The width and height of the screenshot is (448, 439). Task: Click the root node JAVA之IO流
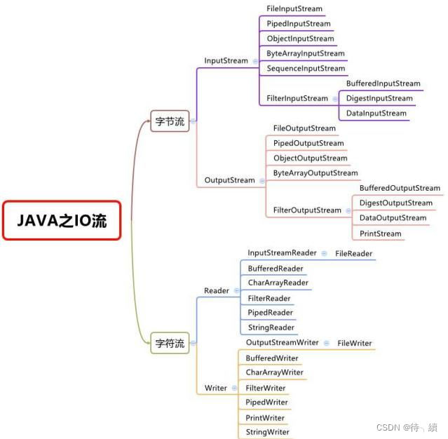tap(62, 220)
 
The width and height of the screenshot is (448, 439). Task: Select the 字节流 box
tap(170, 121)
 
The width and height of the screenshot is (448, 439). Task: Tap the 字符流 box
tap(170, 344)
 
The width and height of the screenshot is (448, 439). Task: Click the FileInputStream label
tap(294, 9)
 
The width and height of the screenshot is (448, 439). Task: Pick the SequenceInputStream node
tap(306, 69)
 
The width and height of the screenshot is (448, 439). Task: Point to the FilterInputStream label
tap(297, 99)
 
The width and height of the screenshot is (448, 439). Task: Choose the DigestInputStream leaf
tap(379, 98)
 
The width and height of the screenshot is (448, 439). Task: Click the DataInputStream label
tap(376, 113)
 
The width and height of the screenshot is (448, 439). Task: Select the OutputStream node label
tap(229, 180)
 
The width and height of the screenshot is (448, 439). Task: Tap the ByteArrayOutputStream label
tap(315, 173)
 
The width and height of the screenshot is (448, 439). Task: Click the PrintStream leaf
tap(380, 234)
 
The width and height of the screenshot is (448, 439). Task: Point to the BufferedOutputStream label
tap(400, 188)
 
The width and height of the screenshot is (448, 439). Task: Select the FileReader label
tap(353, 253)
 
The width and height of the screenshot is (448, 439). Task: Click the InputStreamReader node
tap(282, 252)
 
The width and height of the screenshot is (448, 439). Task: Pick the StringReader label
tap(271, 327)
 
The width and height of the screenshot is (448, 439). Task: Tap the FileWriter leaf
tap(354, 343)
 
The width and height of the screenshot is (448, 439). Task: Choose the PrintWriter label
tap(265, 418)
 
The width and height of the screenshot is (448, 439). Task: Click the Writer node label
tap(215, 388)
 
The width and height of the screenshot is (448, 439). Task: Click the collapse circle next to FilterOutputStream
tap(348, 210)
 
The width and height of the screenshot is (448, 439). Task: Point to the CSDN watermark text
tap(407, 427)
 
